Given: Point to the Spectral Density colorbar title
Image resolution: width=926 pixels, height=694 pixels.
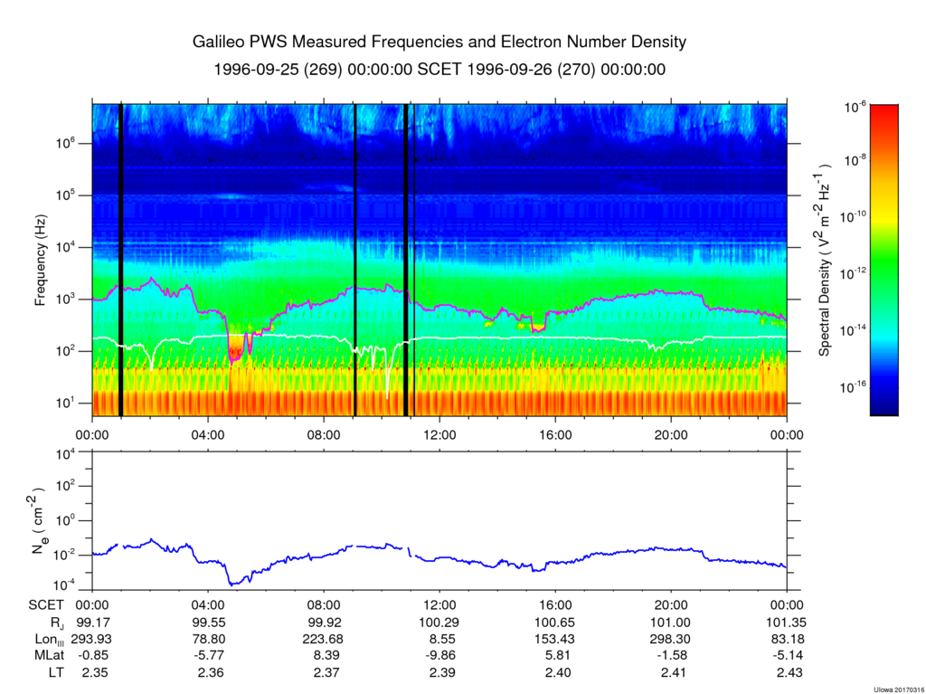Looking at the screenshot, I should [825, 261].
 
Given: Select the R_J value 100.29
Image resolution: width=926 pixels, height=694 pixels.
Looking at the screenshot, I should [439, 623].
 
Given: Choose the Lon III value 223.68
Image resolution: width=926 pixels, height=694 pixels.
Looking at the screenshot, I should [324, 640].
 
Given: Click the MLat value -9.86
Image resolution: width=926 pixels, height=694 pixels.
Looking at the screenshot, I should [439, 656].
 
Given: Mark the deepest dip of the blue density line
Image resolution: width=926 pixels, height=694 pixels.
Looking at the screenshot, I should [232, 583].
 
